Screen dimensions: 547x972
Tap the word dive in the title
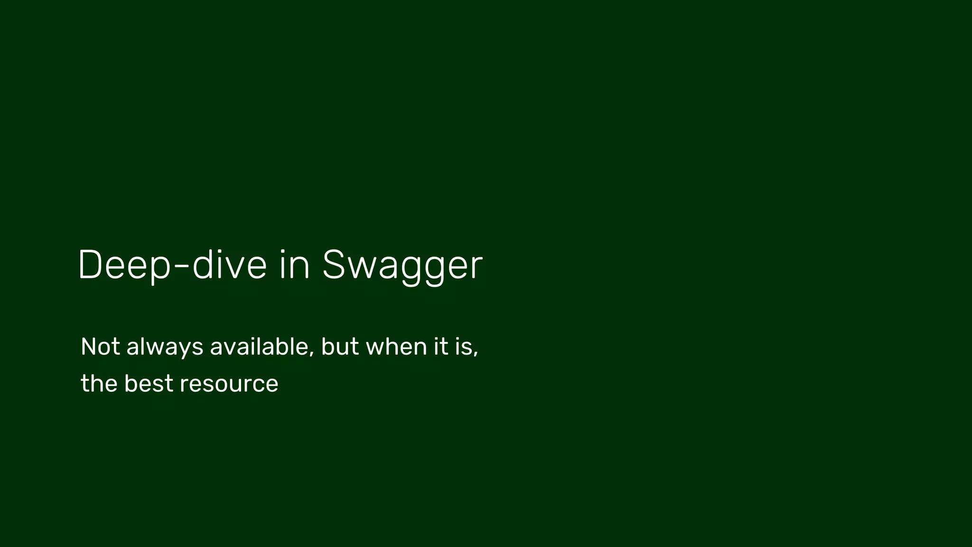(x=230, y=265)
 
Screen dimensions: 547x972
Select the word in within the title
(x=294, y=265)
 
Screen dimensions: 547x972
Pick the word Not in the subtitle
(x=100, y=347)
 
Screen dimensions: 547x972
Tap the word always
(x=165, y=348)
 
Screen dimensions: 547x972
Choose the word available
(x=260, y=347)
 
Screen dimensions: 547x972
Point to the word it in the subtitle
(x=441, y=347)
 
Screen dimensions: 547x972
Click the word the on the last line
(x=99, y=384)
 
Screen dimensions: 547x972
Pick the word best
(x=149, y=384)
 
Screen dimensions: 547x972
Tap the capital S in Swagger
(x=333, y=265)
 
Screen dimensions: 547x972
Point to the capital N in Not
(x=89, y=347)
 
